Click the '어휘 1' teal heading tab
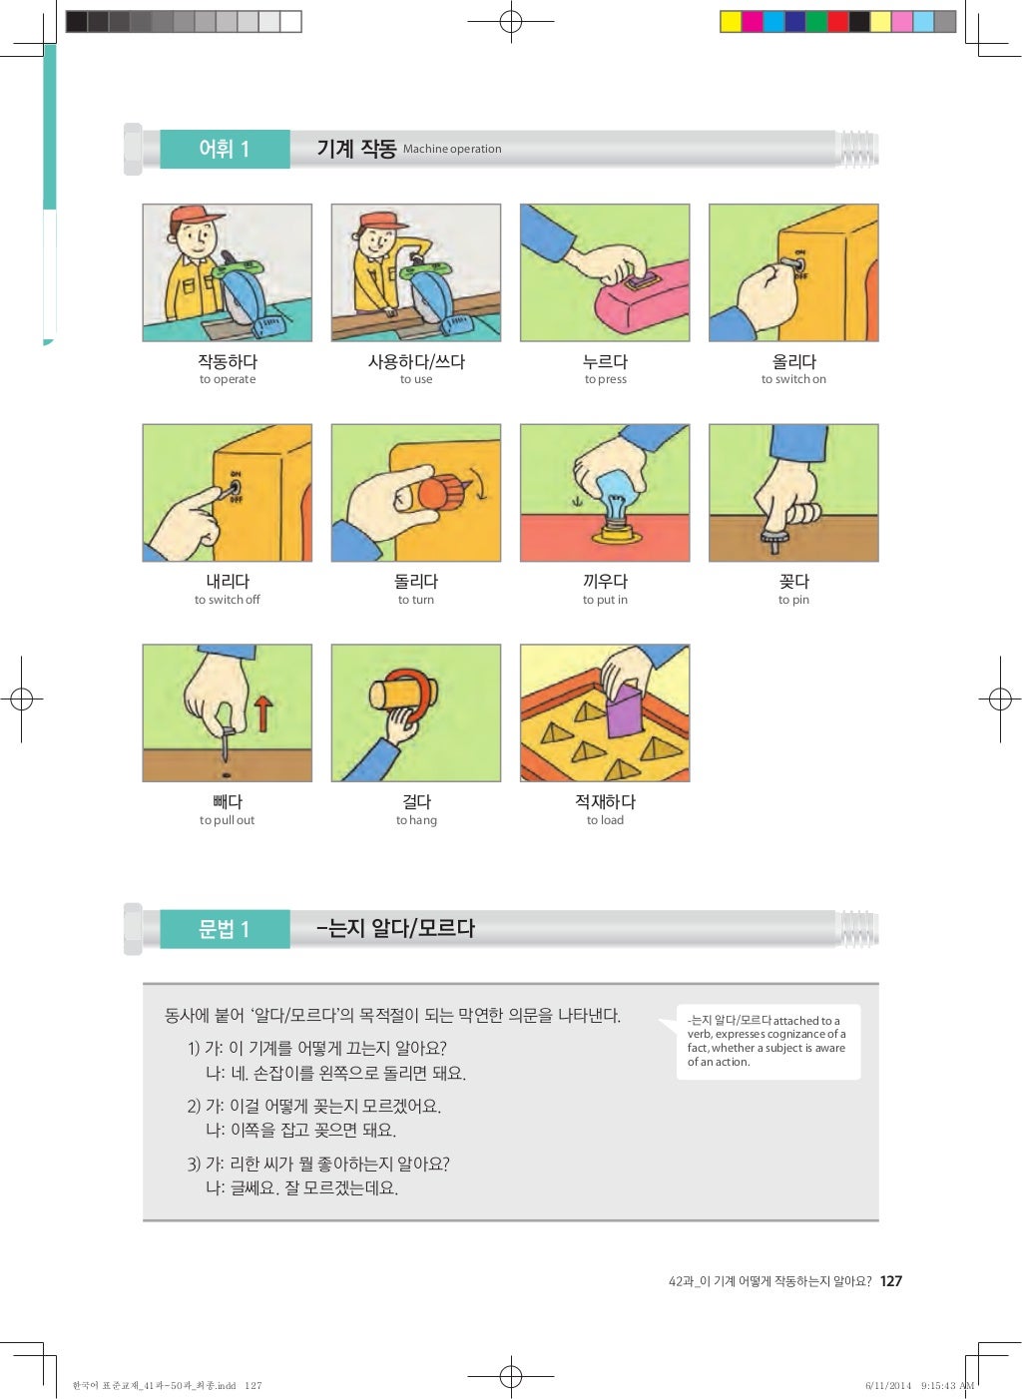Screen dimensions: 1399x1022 pos(225,149)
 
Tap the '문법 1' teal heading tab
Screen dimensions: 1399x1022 pos(225,929)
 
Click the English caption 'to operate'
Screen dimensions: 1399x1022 pos(228,379)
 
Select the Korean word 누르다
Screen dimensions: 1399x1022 pos(605,361)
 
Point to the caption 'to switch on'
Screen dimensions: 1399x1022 pos(793,379)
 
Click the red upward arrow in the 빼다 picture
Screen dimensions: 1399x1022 pos(262,713)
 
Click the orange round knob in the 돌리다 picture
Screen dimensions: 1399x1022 pos(436,493)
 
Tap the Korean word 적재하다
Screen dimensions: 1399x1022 pos(605,801)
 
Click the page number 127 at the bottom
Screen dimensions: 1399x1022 pos(891,1281)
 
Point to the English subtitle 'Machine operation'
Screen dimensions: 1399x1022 pos(452,150)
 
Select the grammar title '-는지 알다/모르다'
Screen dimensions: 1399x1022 pos(395,928)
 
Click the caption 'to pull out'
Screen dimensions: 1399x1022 pos(228,820)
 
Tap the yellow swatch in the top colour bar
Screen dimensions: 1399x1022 pos(731,22)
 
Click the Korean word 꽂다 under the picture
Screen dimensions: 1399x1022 pos(793,581)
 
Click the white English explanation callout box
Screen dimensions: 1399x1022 pos(766,1041)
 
